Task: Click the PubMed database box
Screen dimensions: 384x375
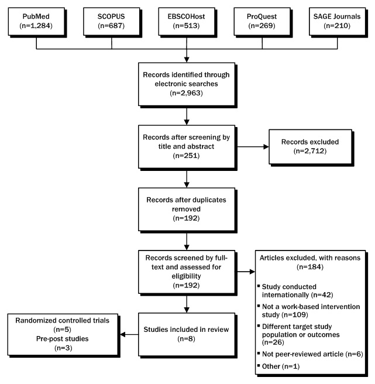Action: click(x=36, y=21)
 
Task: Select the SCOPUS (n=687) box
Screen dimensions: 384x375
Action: click(x=111, y=21)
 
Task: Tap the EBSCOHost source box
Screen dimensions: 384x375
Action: click(x=186, y=21)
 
